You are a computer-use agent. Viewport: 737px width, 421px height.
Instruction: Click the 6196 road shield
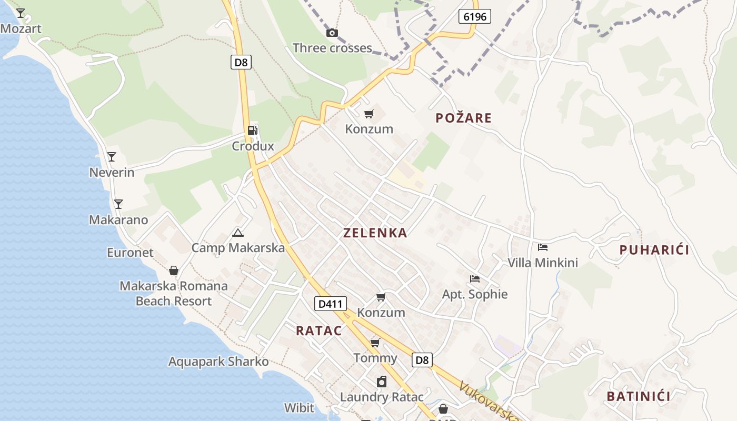(474, 16)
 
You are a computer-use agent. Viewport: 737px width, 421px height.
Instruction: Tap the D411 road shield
(331, 303)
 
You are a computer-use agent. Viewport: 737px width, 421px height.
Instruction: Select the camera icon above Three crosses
(332, 33)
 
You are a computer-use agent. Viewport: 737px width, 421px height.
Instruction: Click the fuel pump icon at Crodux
(253, 131)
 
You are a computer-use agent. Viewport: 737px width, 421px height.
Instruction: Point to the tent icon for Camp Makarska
(238, 233)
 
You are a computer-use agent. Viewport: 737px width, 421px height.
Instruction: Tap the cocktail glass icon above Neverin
(112, 157)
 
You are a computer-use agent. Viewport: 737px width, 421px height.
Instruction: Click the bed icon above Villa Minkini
(543, 247)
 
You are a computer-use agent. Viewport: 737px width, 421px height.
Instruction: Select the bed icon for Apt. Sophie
(475, 279)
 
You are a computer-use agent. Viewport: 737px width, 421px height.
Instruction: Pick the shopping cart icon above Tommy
(375, 343)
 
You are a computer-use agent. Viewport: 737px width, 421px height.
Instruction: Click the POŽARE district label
(464, 118)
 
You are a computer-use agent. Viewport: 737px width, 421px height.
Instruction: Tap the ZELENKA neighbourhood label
(375, 233)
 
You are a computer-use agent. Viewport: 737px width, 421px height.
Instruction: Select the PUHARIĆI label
(654, 250)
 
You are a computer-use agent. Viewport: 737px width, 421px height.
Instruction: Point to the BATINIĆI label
(639, 396)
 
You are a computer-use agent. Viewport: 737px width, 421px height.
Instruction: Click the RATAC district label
(319, 331)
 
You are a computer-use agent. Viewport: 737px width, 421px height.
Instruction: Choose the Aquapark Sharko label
(218, 362)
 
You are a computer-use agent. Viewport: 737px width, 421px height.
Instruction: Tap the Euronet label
(130, 253)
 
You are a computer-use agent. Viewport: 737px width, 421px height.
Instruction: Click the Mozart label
(21, 28)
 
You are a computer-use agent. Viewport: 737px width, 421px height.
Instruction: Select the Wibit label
(299, 408)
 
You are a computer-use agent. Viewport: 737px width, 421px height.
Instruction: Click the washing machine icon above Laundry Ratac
(382, 382)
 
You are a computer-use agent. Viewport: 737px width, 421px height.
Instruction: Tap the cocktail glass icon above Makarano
(118, 204)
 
